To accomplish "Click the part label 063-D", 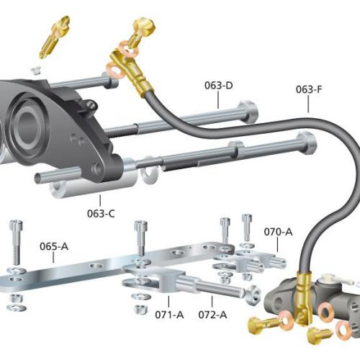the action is pos(219,86).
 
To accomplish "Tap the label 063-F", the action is pos(309,89).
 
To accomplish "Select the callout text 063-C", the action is pos(101,213).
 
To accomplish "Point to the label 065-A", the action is pos(54,246).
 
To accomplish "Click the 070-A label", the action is pos(278,232).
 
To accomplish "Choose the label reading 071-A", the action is pos(169,315).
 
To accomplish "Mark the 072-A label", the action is pos(212,315).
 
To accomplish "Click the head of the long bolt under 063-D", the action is pos(248,112).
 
